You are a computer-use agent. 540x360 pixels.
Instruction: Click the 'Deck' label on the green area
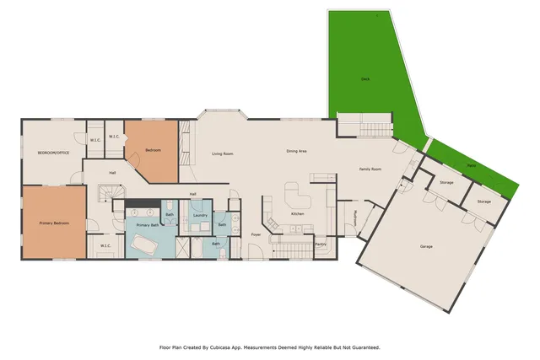365,79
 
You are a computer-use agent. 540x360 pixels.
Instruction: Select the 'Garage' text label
427,246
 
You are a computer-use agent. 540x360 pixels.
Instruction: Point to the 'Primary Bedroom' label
54,223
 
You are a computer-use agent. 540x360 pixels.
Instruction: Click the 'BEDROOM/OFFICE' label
52,153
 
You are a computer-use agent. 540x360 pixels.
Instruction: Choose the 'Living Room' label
223,153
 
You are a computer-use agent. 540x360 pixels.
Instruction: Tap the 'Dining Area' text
296,151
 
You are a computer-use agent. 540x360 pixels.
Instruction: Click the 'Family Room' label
371,169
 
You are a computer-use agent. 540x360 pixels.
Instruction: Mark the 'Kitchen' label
298,214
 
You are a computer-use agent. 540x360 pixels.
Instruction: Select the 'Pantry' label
321,244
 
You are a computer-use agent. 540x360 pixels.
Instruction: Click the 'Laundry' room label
200,216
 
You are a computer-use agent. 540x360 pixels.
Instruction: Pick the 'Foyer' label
256,235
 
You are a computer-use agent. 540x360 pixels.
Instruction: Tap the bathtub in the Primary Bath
145,246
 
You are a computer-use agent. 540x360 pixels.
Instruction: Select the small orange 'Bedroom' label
153,150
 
